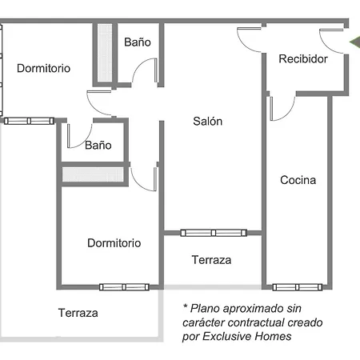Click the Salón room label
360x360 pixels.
coord(208,122)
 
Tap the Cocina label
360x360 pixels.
coord(298,180)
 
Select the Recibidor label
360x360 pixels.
coord(303,59)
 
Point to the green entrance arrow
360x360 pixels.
coord(355,42)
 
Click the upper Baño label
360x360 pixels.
coord(138,42)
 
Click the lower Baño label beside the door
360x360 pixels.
coord(98,146)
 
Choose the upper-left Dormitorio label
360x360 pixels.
coord(43,68)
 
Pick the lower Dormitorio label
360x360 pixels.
coord(114,243)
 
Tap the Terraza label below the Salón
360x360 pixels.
coord(211,260)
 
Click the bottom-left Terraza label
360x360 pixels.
coord(78,313)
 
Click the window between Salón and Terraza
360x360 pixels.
coord(214,233)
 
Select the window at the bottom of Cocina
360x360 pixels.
coord(298,287)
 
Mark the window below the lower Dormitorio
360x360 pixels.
coord(124,287)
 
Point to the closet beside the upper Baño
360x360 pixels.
coord(105,53)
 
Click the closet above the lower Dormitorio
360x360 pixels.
coord(93,174)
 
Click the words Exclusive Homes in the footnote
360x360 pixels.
coord(247,336)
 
